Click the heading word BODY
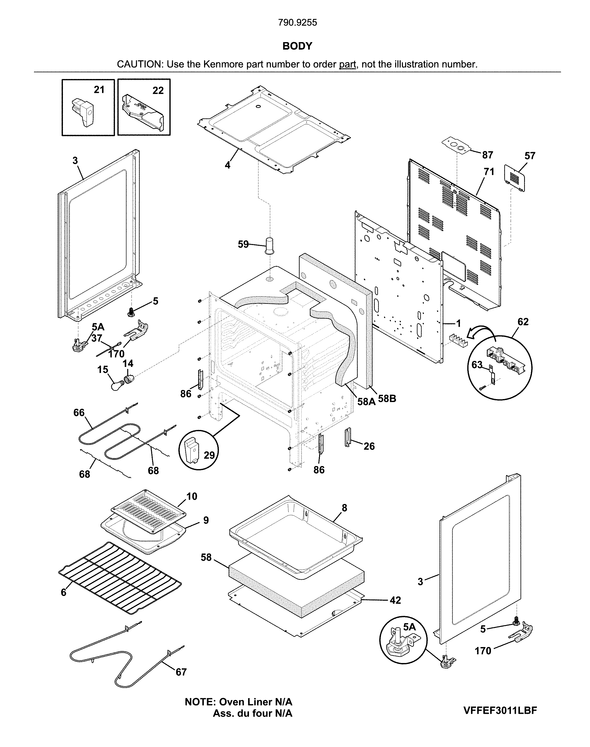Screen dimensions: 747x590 click(x=297, y=46)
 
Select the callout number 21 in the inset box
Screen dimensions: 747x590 click(x=99, y=90)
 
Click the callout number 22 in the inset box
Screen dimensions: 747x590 click(x=158, y=90)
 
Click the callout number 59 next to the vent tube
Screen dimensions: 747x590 click(x=243, y=244)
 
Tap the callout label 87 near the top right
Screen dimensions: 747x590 click(x=487, y=155)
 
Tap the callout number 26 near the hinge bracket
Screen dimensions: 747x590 click(x=369, y=446)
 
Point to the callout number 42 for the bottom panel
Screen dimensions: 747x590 click(x=395, y=600)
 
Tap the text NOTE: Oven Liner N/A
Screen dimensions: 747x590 click(x=238, y=702)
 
